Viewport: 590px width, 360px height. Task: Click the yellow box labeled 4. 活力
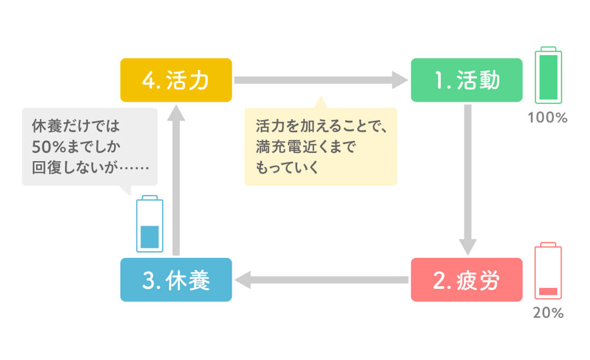click(x=176, y=80)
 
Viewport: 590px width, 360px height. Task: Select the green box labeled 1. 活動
click(x=467, y=80)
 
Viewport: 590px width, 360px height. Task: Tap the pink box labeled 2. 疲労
click(x=467, y=280)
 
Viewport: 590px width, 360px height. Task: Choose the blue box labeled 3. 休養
click(x=176, y=280)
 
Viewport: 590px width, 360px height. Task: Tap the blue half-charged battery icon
click(x=149, y=223)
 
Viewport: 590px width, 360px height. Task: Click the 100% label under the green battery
click(x=548, y=117)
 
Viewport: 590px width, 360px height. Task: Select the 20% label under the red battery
click(x=548, y=314)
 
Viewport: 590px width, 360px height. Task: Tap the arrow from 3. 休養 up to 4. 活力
click(x=175, y=180)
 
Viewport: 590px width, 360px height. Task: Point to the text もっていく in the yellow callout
click(x=287, y=167)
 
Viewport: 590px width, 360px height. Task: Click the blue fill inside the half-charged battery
click(x=149, y=237)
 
